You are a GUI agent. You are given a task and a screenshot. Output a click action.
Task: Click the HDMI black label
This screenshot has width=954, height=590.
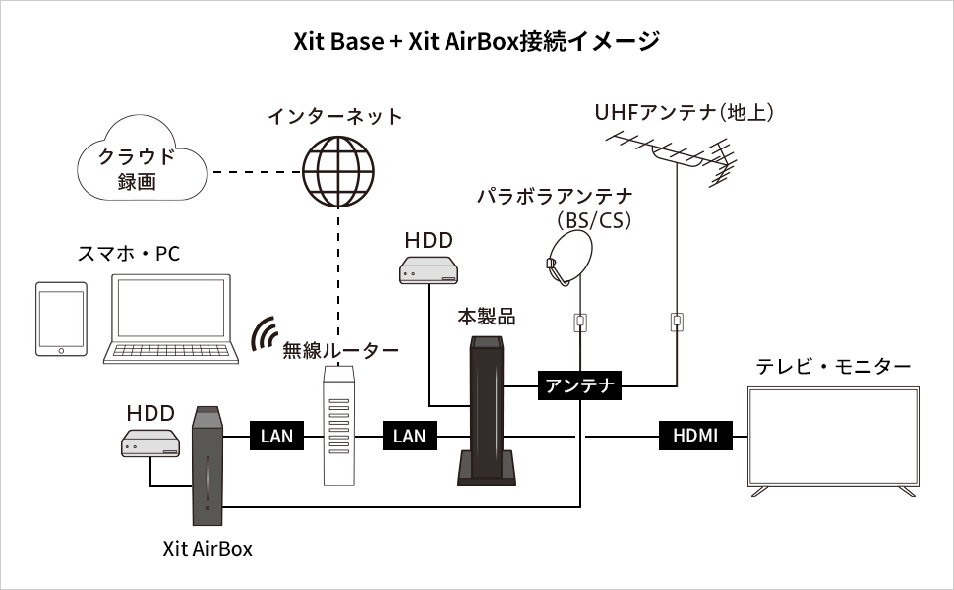click(x=695, y=435)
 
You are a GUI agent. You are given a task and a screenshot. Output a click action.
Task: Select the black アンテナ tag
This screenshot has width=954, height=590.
click(x=579, y=385)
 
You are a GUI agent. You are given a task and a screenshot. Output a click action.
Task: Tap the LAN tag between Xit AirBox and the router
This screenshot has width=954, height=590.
click(x=277, y=435)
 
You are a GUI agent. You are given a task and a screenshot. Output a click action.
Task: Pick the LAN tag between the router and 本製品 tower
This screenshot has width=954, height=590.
click(x=410, y=435)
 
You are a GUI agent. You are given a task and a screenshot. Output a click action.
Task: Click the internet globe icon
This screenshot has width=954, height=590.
click(x=337, y=168)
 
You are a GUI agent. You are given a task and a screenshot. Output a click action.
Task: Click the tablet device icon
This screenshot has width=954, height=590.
click(x=61, y=320)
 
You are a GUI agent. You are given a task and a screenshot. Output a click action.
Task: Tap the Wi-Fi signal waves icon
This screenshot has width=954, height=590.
click(x=263, y=334)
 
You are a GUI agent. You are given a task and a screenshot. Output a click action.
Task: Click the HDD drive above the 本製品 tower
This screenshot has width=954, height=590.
click(x=430, y=269)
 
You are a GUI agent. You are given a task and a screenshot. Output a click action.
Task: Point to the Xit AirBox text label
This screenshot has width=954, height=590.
click(x=208, y=549)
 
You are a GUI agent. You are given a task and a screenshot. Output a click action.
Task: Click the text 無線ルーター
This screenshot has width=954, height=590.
click(x=340, y=350)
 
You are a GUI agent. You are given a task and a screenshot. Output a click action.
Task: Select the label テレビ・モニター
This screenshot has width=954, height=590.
click(x=833, y=367)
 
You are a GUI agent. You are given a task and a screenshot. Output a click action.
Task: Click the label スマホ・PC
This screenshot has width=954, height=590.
click(x=128, y=254)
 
